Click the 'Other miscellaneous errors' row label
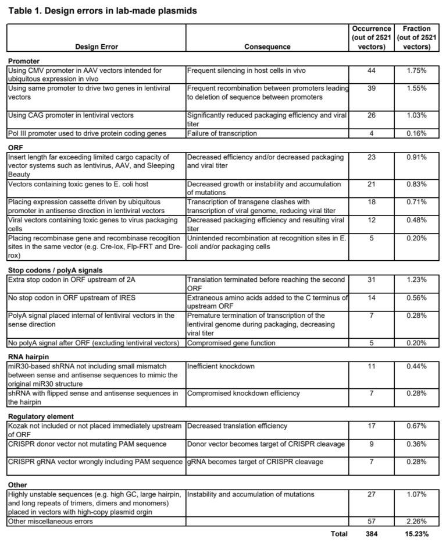click(x=52, y=521)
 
